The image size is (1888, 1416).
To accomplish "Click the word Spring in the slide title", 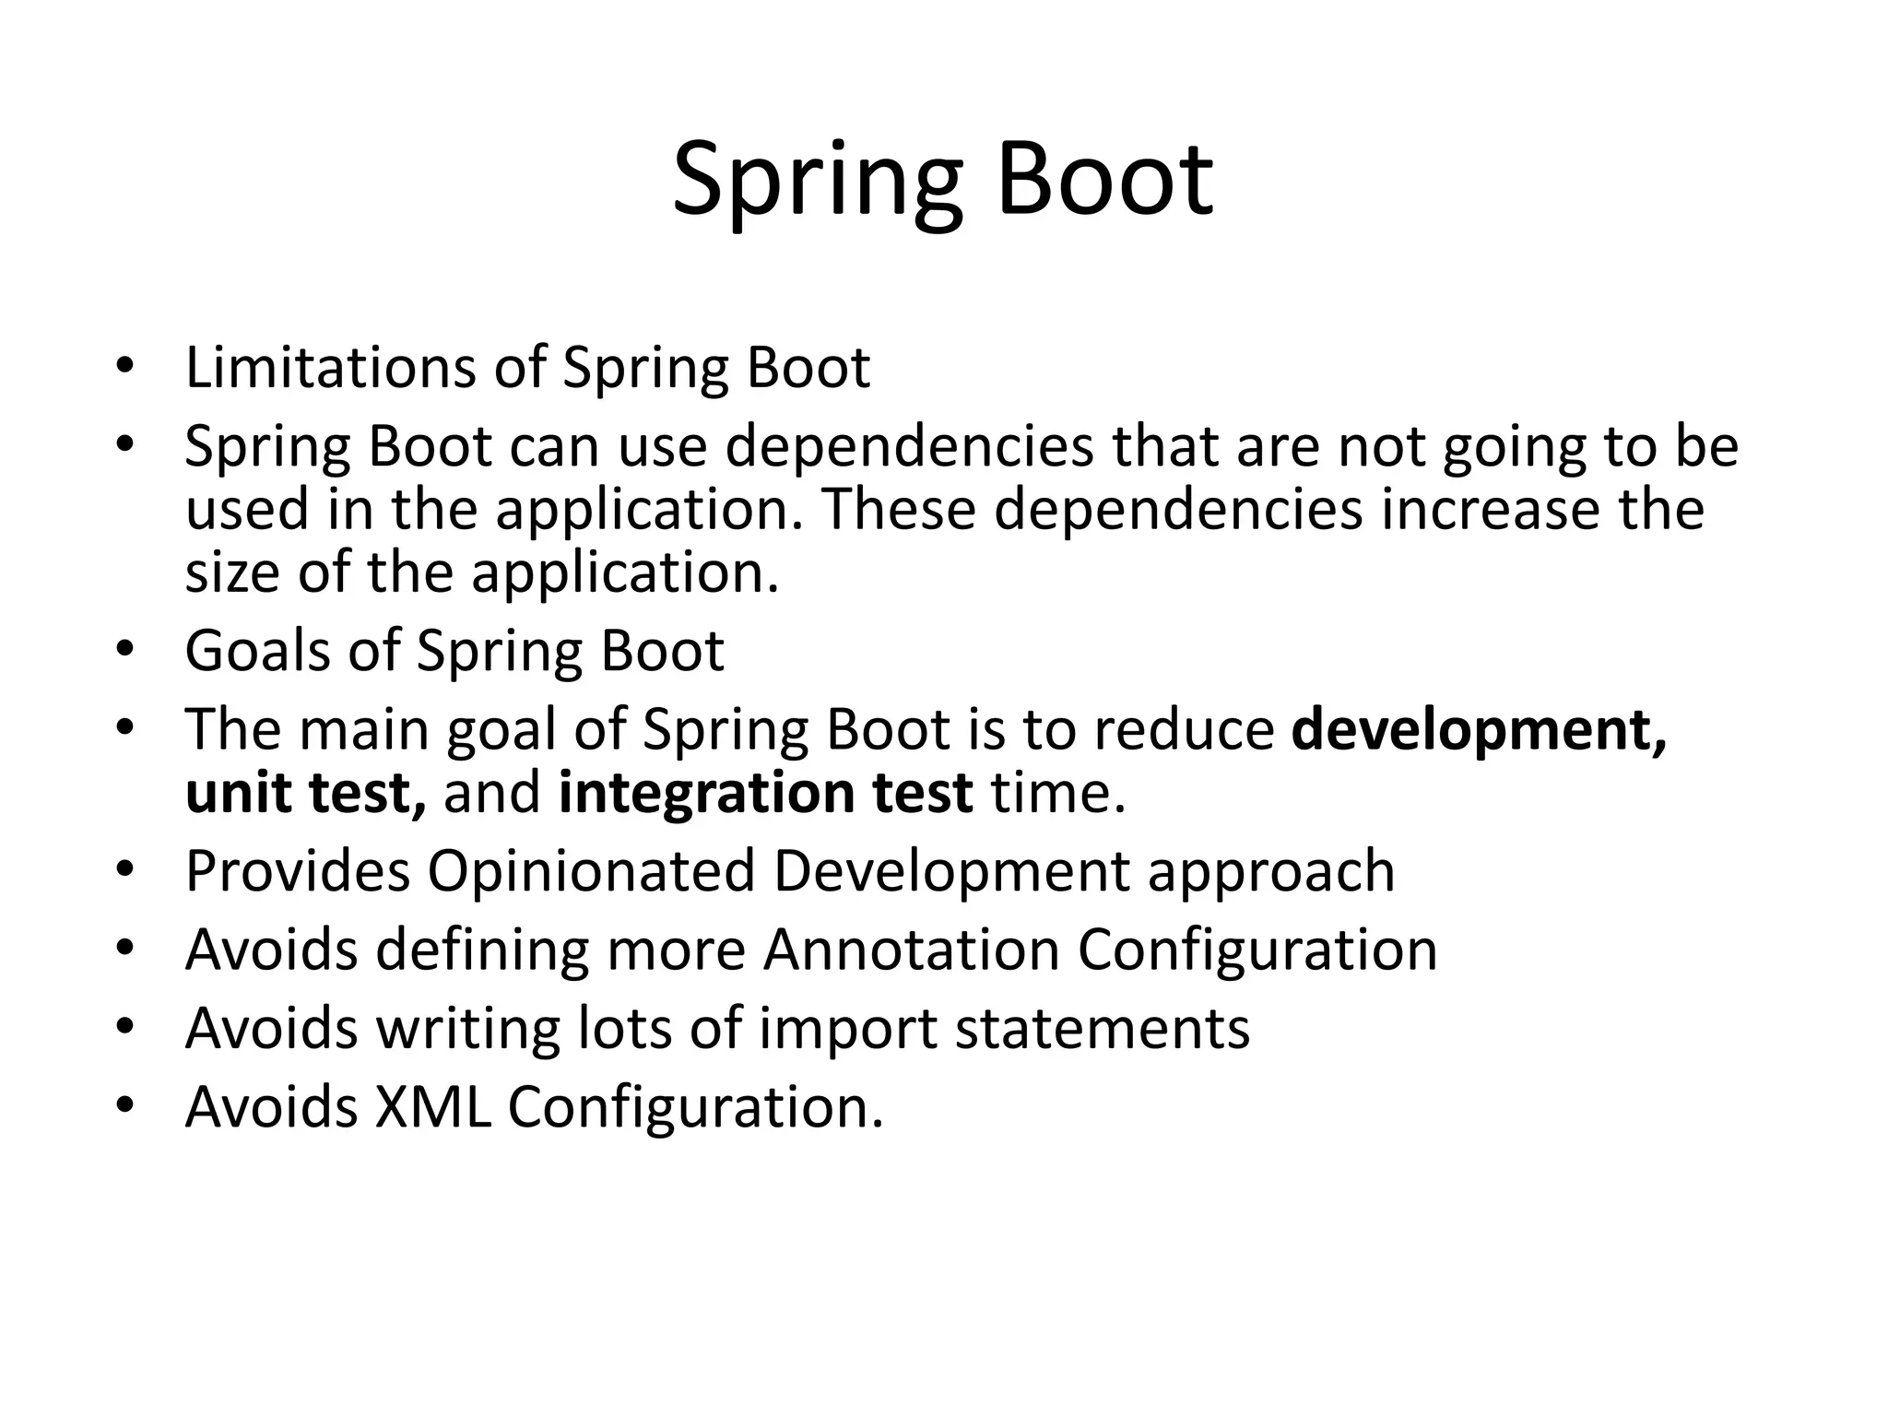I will point(817,180).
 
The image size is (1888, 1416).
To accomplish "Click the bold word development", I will point(1479,730).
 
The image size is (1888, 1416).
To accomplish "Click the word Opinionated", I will point(591,871).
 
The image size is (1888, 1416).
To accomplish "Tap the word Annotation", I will point(911,950).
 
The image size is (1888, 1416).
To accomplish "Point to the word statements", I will point(1102,1029).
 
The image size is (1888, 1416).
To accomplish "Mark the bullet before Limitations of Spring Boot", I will point(125,368).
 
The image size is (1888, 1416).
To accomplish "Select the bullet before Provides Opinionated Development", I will point(125,871).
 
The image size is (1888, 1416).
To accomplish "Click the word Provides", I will point(297,871).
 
